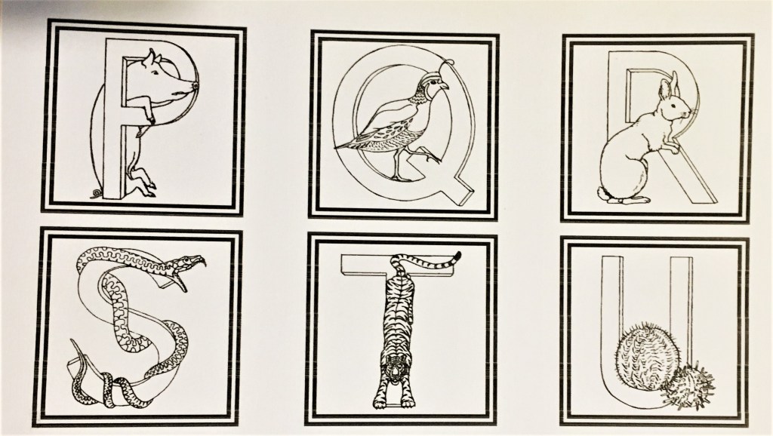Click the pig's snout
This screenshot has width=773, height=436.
194,87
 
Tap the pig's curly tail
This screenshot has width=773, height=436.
96,194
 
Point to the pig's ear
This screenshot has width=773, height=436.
149,57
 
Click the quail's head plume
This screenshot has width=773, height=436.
447,63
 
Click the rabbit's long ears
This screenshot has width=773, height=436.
669,84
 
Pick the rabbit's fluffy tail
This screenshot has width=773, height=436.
604,194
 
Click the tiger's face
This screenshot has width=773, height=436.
394,367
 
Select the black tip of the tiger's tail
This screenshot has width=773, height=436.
457,256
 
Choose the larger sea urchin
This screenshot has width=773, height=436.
645,356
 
